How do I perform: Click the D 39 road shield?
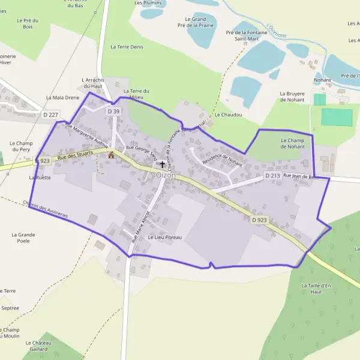click(x=114, y=112)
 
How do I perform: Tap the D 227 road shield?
click(x=51, y=114)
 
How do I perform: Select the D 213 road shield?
click(x=272, y=176)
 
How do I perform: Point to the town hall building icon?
click(x=111, y=155)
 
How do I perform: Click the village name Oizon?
click(x=166, y=175)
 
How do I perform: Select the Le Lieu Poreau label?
click(x=164, y=238)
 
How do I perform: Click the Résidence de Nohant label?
click(x=223, y=160)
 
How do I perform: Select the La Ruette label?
click(x=40, y=178)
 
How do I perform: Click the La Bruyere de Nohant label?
click(x=292, y=97)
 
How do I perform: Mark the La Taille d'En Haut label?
click(x=316, y=289)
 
